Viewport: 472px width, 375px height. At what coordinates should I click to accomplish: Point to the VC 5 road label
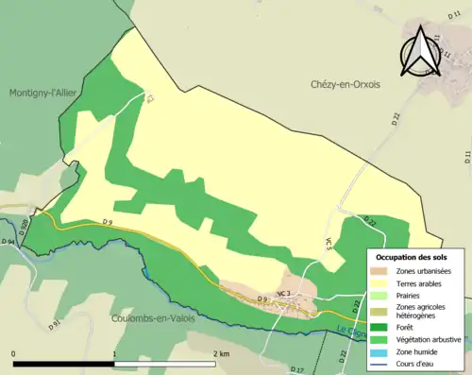(x=329, y=243)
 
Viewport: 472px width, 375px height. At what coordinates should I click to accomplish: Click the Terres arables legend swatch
(x=379, y=282)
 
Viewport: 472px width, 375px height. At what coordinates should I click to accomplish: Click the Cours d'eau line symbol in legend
(x=379, y=354)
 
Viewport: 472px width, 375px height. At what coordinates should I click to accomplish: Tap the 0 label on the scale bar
(x=13, y=354)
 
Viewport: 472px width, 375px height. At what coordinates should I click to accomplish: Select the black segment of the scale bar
(x=64, y=364)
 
